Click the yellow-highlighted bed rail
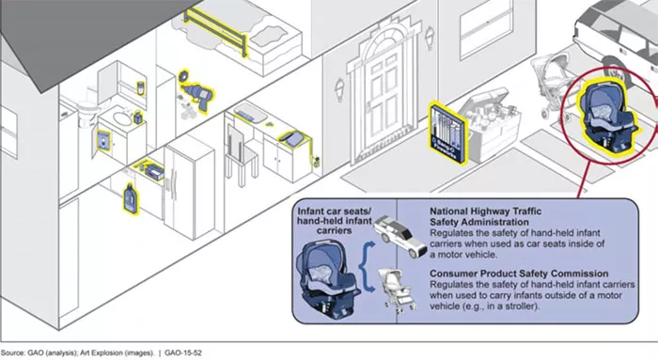[x=215, y=31]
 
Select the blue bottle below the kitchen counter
[x=131, y=198]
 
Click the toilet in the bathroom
[x=87, y=110]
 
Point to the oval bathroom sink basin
[x=121, y=117]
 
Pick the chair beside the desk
[x=241, y=155]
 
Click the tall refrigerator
[x=189, y=187]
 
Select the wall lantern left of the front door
[x=339, y=90]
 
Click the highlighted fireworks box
[x=447, y=133]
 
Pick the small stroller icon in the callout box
[x=397, y=290]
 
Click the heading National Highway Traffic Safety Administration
[x=486, y=216]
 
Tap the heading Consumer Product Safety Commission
[x=519, y=274]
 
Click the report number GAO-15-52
[x=183, y=352]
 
